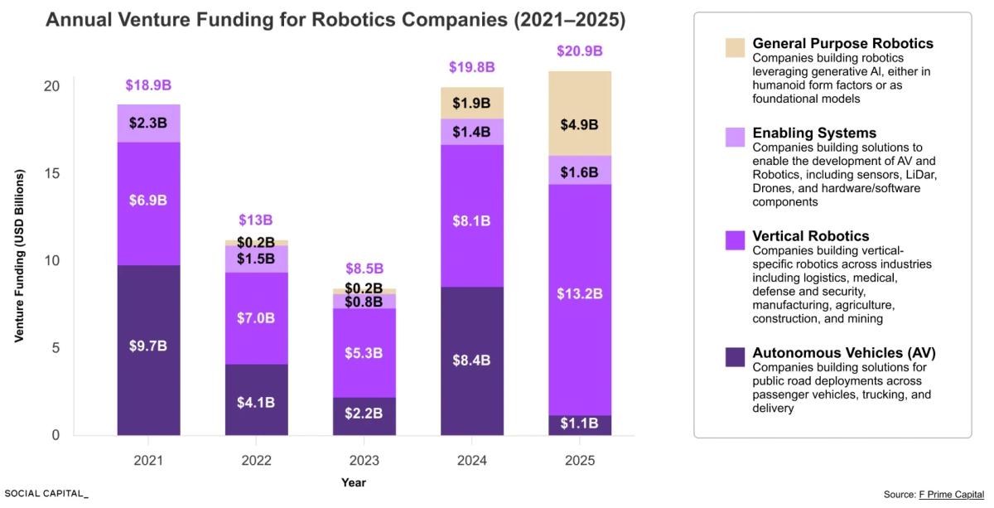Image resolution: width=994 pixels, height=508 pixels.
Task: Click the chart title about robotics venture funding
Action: point(335,20)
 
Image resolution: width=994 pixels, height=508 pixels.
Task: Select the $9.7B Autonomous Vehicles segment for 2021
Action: point(148,346)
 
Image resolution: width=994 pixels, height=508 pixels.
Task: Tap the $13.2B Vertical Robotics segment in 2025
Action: point(579,294)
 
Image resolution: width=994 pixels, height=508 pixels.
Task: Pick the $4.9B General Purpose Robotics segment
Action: point(579,125)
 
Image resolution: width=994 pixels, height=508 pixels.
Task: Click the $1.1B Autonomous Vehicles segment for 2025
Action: point(579,423)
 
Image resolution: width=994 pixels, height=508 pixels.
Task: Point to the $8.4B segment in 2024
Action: point(471,360)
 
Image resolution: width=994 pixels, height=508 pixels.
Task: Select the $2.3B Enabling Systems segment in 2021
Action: point(148,123)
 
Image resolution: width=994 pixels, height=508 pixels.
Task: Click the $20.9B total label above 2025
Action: point(579,52)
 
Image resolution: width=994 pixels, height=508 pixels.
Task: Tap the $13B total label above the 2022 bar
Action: point(256,220)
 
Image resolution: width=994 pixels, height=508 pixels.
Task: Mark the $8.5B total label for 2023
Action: point(364,269)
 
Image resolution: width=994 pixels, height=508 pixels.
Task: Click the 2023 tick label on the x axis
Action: point(364,460)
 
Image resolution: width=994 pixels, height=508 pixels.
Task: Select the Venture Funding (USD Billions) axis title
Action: point(19,256)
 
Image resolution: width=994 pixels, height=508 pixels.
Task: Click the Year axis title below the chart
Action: point(353,482)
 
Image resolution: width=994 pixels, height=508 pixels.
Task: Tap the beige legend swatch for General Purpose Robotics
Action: point(734,47)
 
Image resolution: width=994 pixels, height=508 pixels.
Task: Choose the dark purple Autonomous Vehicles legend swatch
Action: point(734,357)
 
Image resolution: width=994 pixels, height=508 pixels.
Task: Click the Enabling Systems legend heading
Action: point(813,133)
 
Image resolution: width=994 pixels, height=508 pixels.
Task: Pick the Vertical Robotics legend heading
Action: point(810,236)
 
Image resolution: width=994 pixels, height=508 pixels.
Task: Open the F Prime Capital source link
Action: point(951,494)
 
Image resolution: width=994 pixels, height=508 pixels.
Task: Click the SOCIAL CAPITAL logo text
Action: point(46,493)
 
